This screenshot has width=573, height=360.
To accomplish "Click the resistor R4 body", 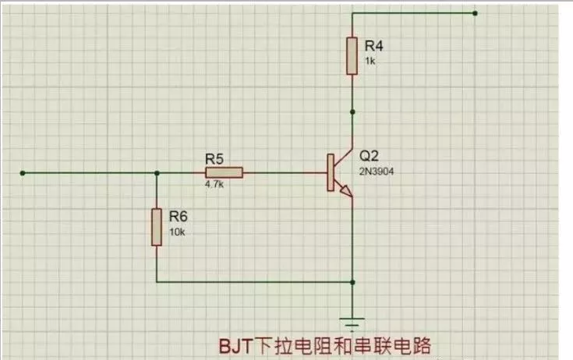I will coord(353,56).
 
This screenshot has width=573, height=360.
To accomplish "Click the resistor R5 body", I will coord(225,172).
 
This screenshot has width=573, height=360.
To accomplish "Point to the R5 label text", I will coord(215,158).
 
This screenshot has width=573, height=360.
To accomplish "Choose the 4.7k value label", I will coord(214,185).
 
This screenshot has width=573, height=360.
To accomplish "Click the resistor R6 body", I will coord(157,227).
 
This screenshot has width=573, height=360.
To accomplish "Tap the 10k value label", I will coord(176,231).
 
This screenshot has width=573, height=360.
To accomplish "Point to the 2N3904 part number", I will coord(377,171).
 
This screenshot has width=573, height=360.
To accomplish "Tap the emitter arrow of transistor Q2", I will coord(347,190).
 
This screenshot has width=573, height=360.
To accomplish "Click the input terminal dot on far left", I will coord(23,172).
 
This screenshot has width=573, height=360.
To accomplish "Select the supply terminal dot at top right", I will coord(475,13).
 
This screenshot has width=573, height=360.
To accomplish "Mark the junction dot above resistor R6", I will coord(157,172).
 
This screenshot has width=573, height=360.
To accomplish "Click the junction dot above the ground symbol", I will coord(354,281).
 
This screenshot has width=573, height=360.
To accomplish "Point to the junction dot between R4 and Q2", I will coord(353,111).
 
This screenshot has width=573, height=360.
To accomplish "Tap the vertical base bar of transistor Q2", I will coord(330,172).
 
